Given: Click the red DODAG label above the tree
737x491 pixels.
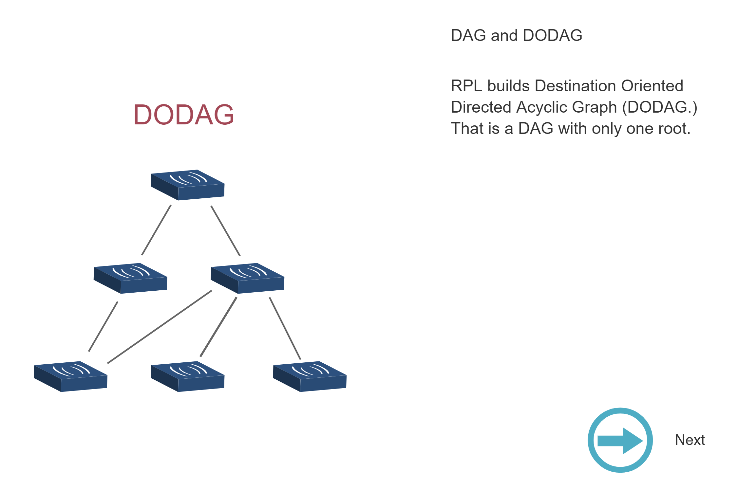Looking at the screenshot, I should click(183, 115).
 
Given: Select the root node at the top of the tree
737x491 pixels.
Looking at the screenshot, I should click(187, 185).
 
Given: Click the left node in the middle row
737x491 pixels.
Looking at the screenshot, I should click(130, 278).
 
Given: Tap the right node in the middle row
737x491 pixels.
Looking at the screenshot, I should click(247, 278).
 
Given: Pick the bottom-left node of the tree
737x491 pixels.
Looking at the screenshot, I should click(70, 376).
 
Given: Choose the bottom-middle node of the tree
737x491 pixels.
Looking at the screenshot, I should click(187, 376).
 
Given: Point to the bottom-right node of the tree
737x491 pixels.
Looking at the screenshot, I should click(310, 376).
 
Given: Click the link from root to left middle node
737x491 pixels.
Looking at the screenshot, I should click(156, 230).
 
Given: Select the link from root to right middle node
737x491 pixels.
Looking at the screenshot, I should click(225, 231).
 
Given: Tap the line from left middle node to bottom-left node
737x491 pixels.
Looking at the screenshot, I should click(103, 327).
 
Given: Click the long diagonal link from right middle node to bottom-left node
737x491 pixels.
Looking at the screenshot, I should click(160, 327).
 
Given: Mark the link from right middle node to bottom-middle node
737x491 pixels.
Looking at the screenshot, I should click(218, 327).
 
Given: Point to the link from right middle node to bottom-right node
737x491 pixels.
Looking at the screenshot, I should click(285, 328).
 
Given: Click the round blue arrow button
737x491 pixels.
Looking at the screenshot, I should click(620, 440).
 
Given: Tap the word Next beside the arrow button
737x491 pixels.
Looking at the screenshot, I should click(690, 440).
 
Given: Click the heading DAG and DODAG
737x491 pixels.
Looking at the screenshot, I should click(517, 35).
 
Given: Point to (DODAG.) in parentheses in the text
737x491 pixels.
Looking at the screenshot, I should click(659, 107).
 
